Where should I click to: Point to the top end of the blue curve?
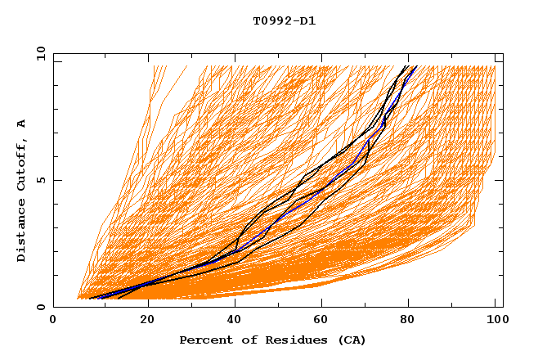(415, 66)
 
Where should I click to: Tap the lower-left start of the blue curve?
(92, 298)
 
